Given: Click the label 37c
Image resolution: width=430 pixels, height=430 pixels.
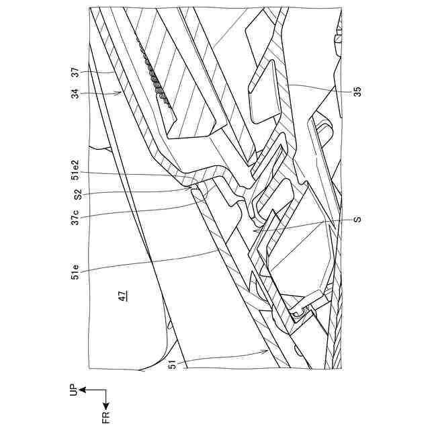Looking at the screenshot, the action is pyautogui.click(x=75, y=220).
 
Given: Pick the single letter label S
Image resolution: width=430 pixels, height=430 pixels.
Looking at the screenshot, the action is pyautogui.click(x=357, y=221).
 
